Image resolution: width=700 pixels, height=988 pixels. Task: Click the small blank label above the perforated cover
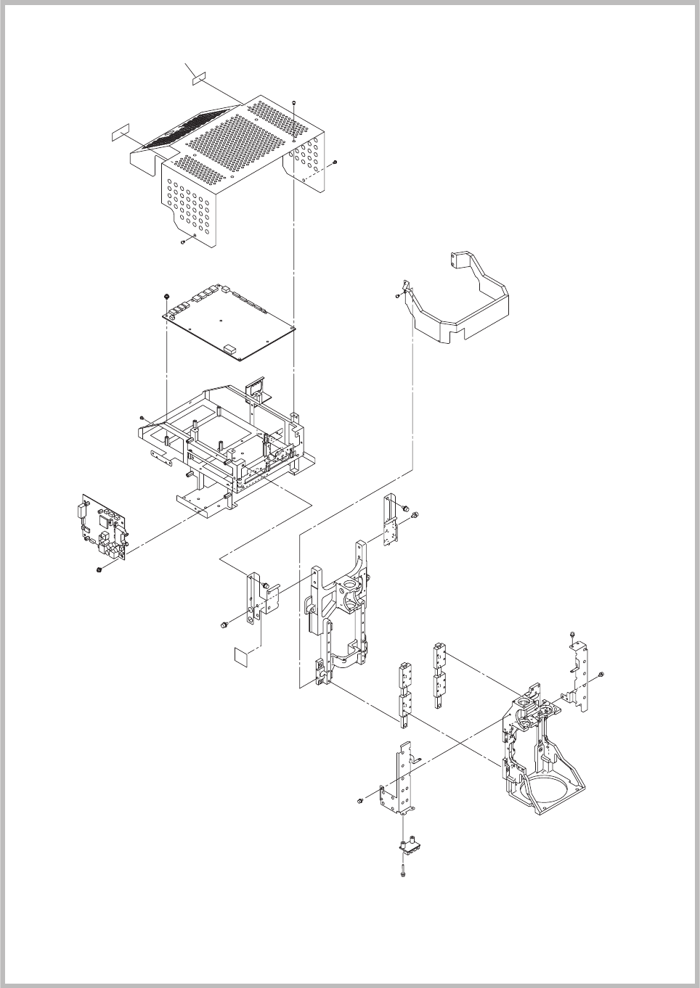pyautogui.click(x=200, y=78)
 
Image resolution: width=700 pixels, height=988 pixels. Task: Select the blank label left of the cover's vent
pyautogui.click(x=119, y=133)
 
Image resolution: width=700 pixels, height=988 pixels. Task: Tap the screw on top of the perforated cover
pyautogui.click(x=293, y=102)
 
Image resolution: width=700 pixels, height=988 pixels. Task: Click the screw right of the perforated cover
pyautogui.click(x=334, y=162)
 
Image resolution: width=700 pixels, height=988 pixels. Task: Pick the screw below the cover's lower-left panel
pyautogui.click(x=182, y=242)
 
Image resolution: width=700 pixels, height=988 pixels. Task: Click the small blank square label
pyautogui.click(x=240, y=656)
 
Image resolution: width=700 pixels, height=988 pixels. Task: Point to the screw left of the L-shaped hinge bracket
pyautogui.click(x=222, y=624)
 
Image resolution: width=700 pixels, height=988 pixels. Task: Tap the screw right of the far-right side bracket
pyautogui.click(x=603, y=675)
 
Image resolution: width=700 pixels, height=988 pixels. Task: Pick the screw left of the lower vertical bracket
pyautogui.click(x=359, y=801)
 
